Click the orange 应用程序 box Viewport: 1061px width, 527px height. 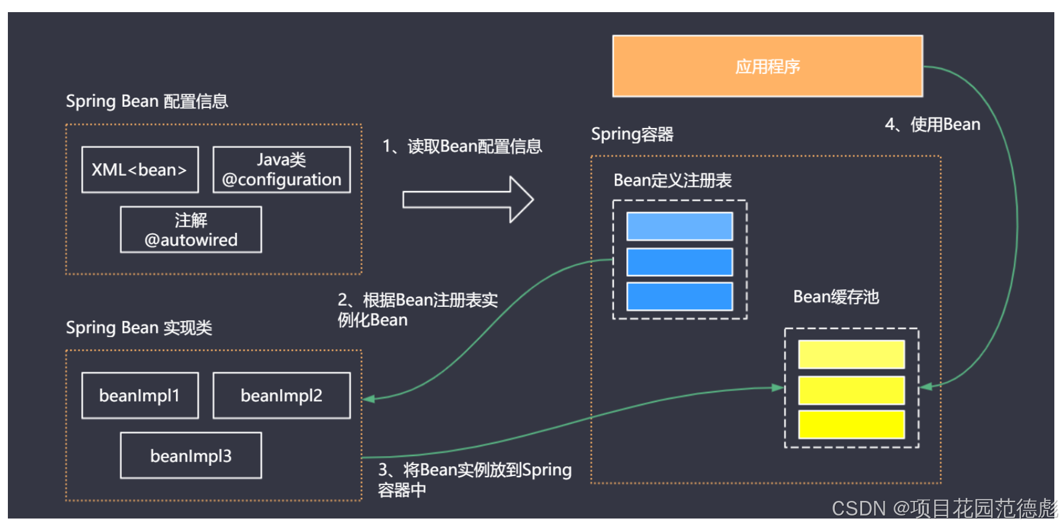pos(767,66)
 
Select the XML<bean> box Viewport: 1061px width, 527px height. pos(140,170)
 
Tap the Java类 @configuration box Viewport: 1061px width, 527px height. pos(281,170)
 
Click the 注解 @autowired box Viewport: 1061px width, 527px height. pos(191,230)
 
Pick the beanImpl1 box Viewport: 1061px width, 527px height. pos(140,395)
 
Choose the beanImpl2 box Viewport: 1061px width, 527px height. pos(281,395)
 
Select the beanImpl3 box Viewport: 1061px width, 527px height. pos(191,455)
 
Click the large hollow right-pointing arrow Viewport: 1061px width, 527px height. pos(467,200)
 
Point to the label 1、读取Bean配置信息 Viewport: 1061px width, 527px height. pos(462,146)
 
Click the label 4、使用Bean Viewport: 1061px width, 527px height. pos(932,124)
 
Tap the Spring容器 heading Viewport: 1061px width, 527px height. pos(632,134)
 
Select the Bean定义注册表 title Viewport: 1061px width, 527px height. pos(672,180)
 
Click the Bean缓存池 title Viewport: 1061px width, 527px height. pos(836,297)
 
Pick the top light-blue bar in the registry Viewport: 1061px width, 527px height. pos(679,226)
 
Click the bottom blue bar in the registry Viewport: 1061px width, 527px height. pos(679,297)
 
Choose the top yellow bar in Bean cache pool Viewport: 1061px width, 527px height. pos(851,354)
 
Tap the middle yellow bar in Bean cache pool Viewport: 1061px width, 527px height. pos(851,390)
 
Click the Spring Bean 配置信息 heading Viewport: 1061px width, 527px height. pos(147,101)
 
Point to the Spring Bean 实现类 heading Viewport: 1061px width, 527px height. pos(139,327)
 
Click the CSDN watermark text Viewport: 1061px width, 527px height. pos(943,508)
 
